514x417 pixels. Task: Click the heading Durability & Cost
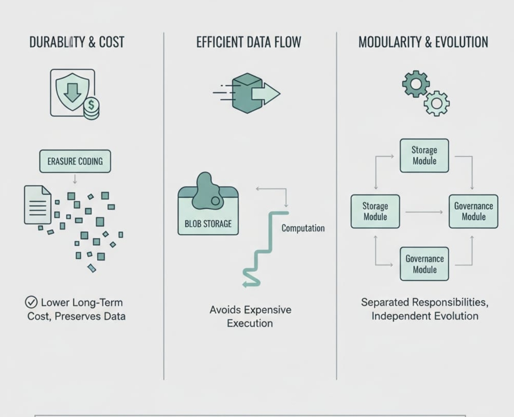(x=77, y=42)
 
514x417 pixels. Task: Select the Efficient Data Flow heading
(x=248, y=42)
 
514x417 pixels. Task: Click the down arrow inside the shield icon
(x=73, y=91)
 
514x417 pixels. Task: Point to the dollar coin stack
(x=91, y=109)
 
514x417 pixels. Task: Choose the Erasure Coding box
(x=75, y=161)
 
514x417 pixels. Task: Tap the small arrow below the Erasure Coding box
(x=75, y=179)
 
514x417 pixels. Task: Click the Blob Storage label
(x=208, y=224)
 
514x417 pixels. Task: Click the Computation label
(x=303, y=228)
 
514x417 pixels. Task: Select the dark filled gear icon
(x=416, y=84)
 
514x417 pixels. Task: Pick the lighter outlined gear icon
(x=436, y=104)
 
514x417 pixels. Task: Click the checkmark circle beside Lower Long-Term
(x=31, y=303)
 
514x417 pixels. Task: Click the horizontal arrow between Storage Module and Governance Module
(x=424, y=212)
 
